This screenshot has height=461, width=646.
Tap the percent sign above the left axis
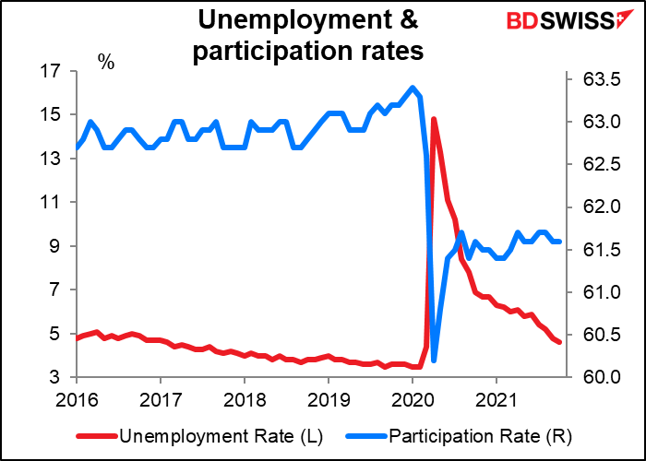pyautogui.click(x=106, y=63)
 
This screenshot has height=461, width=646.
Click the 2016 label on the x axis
pyautogui.click(x=77, y=401)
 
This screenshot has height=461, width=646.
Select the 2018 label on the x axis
pyautogui.click(x=245, y=401)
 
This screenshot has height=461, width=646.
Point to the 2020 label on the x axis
pyautogui.click(x=413, y=401)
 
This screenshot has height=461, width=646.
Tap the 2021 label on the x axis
pyautogui.click(x=496, y=401)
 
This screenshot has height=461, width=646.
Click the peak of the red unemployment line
pyautogui.click(x=433, y=119)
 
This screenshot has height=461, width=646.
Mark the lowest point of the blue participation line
pyautogui.click(x=434, y=360)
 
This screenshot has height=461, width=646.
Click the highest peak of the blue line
pyautogui.click(x=413, y=88)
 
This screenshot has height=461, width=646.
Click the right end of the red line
pyautogui.click(x=559, y=342)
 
